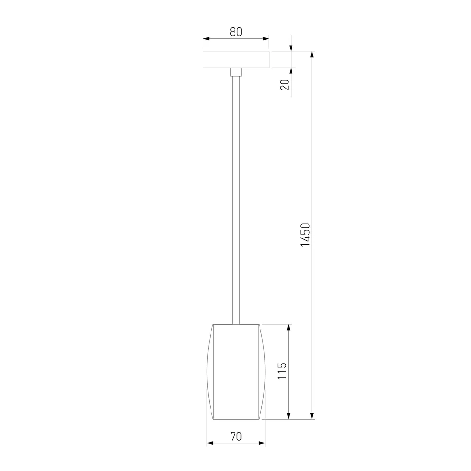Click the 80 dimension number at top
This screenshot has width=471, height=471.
[236, 32]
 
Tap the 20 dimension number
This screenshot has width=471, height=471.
[284, 84]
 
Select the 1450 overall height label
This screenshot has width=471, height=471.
[306, 235]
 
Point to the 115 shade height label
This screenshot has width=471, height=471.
[282, 371]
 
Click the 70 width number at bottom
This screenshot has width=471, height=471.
[236, 437]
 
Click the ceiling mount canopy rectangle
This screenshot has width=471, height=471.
[236, 59]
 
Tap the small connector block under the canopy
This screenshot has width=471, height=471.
[236, 72]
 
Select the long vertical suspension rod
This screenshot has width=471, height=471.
[236, 200]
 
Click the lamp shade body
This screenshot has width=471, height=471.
[236, 372]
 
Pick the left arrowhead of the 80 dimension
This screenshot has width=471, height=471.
[206, 39]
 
